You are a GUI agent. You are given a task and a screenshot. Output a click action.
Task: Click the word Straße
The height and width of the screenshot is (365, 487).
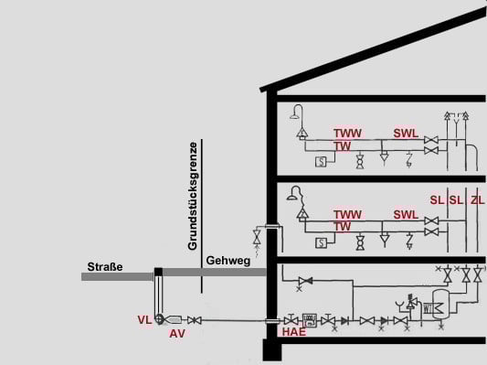point(105,266)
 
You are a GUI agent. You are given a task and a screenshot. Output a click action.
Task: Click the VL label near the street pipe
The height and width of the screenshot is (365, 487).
point(144,319)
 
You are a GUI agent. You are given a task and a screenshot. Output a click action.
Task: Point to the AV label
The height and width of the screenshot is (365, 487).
point(177,334)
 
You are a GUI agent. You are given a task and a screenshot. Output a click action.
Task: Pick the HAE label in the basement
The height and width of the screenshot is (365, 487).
point(293,333)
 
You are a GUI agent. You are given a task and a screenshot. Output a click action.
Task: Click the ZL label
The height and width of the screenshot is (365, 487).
point(477,199)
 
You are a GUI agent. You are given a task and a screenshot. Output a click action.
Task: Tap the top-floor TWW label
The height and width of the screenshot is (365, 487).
point(348,134)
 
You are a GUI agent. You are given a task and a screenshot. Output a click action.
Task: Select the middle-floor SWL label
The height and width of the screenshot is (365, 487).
point(406,214)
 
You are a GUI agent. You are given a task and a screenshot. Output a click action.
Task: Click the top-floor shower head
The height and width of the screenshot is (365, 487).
point(295,113)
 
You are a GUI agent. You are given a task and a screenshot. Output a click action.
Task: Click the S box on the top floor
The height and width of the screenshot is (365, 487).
point(322,163)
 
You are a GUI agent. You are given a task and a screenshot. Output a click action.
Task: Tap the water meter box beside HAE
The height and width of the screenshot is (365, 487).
point(309,319)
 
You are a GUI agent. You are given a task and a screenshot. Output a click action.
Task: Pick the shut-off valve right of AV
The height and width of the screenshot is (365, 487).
point(194,319)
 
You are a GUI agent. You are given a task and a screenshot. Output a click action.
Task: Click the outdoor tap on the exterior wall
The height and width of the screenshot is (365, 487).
point(257,240)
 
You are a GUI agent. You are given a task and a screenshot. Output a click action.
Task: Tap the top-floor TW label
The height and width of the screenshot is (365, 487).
point(343,145)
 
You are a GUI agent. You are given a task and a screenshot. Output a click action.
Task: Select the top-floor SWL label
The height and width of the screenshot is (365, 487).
point(406,134)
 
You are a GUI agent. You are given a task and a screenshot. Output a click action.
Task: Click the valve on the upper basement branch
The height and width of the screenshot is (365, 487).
point(306,280)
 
